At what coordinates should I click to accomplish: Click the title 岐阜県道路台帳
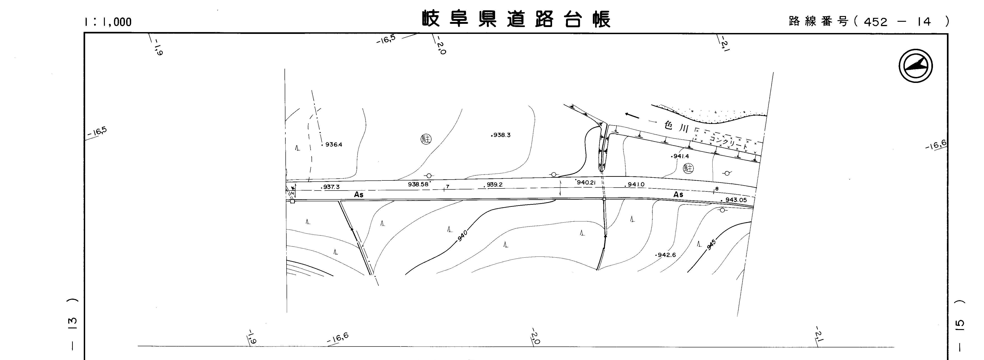[x=516, y=19]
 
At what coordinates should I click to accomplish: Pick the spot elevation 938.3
[x=501, y=135]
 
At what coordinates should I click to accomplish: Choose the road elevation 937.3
[x=331, y=187]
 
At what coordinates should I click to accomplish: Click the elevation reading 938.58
[x=418, y=184]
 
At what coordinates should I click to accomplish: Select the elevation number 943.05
[x=736, y=200]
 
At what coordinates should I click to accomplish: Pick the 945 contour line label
[x=711, y=245]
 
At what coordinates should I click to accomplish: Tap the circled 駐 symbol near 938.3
[x=426, y=139]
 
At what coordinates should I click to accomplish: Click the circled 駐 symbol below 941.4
[x=688, y=168]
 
